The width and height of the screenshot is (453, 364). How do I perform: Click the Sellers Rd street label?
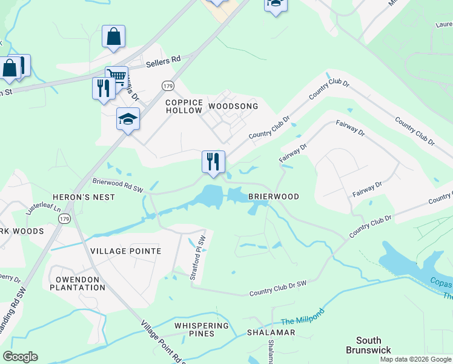(x=164, y=60)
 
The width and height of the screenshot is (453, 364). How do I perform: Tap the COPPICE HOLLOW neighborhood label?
(x=184, y=106)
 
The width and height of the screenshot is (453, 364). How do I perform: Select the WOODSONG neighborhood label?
(x=233, y=106)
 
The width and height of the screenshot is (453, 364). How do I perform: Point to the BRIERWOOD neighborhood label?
(x=274, y=197)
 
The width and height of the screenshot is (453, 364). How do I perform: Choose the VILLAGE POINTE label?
(x=125, y=251)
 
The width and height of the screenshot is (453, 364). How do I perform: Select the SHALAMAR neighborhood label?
(x=271, y=333)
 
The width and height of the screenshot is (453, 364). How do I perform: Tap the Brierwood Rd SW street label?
(x=117, y=184)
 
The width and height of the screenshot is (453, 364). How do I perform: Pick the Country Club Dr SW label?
(x=279, y=289)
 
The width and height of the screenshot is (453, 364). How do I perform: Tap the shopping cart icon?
(x=116, y=76)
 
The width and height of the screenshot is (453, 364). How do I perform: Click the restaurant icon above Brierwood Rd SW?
(x=213, y=161)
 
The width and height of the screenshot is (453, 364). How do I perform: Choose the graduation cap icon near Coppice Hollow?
(x=128, y=118)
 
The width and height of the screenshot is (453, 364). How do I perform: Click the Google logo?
(x=20, y=357)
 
